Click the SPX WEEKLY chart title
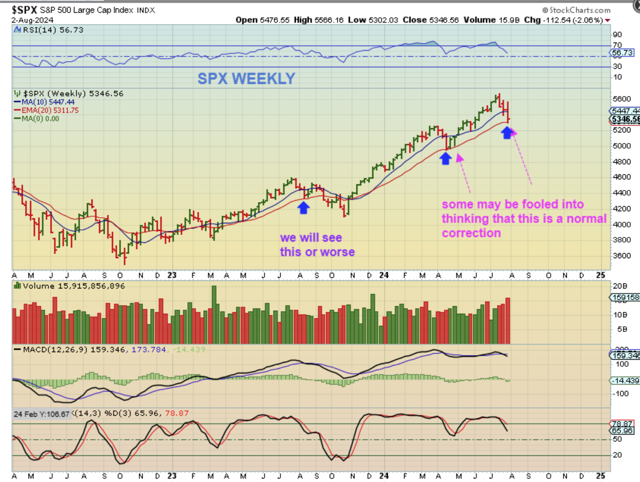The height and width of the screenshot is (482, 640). pos(246,79)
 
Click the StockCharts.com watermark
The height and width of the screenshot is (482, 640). pos(576,10)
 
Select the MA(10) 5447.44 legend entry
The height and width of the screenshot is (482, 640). pos(48,102)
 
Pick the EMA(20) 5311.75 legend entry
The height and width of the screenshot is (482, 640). pos(50,110)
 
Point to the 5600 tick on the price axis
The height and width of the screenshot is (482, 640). pos(621,99)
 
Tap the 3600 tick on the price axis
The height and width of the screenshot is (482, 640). pos(621,256)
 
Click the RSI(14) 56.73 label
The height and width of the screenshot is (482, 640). pos(53,30)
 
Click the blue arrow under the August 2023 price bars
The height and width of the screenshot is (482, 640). pos(303,207)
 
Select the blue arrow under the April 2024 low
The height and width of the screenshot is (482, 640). pos(445,158)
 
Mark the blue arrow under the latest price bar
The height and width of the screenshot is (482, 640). pos(507,132)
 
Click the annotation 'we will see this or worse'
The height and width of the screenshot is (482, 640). pos(317,245)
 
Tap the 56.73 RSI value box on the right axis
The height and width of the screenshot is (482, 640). pos(622,53)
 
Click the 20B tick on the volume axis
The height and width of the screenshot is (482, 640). pos(620,286)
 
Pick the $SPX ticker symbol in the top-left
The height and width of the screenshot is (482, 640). pos(24,10)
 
